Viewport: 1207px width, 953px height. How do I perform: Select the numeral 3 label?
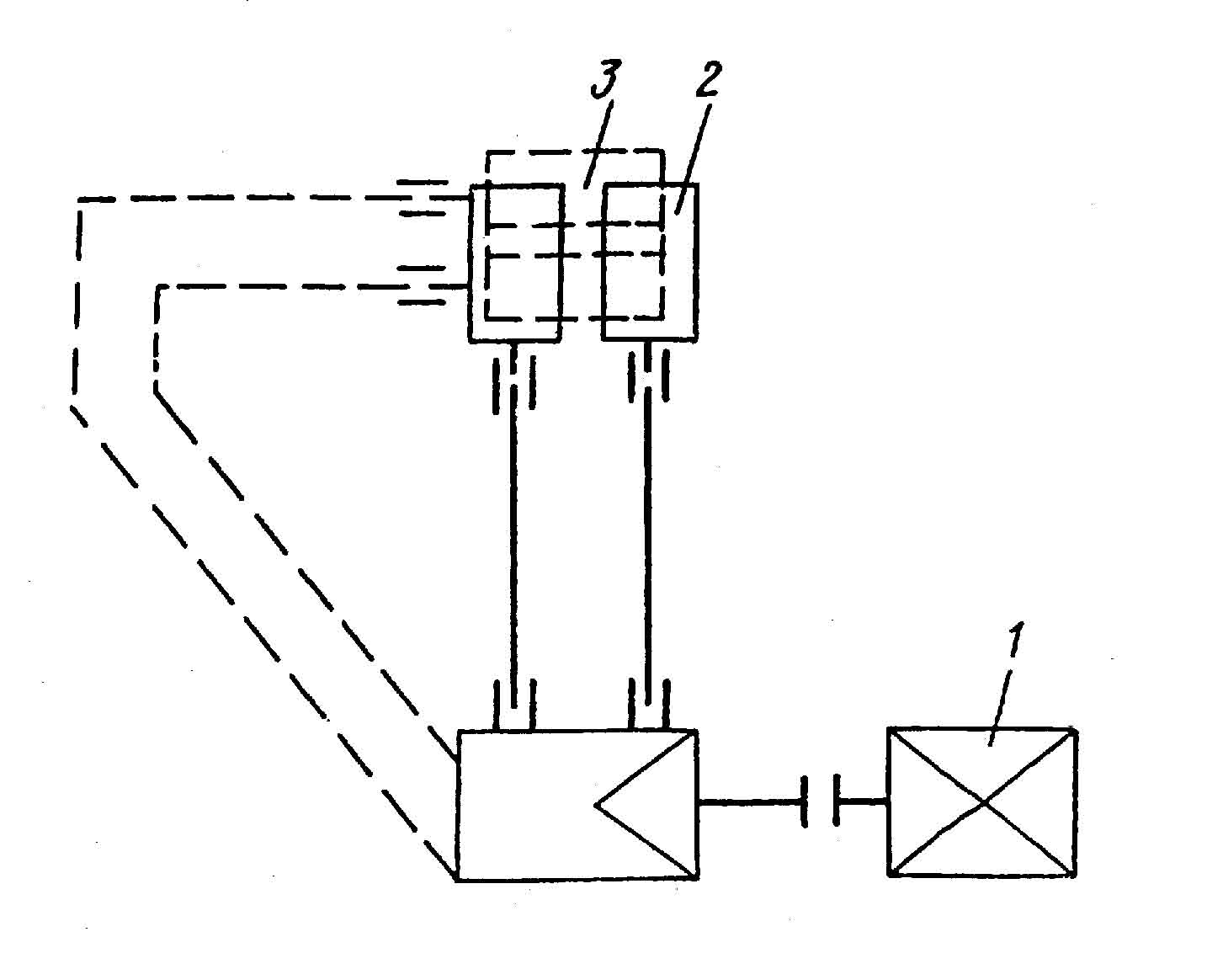click(605, 83)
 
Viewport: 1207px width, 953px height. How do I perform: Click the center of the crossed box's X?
click(982, 803)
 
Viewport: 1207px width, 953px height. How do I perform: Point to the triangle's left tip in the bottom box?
click(596, 805)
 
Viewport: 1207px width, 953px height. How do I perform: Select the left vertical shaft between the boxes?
click(513, 539)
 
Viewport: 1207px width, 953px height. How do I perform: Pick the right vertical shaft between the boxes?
click(647, 539)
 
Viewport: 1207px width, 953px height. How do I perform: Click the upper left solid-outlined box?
click(515, 263)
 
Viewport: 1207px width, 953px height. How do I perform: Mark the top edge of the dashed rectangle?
click(574, 152)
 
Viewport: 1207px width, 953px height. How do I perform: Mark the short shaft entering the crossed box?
click(862, 802)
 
